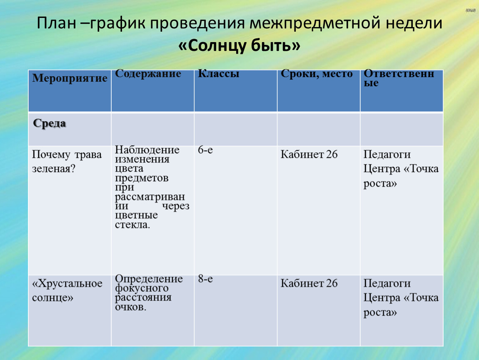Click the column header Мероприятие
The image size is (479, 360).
[70, 78]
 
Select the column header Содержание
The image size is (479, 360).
[148, 74]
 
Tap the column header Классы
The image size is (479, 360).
[218, 74]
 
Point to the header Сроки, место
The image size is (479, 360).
[317, 74]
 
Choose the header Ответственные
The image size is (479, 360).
[399, 78]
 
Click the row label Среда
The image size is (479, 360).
[49, 123]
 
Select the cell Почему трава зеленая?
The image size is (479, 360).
[67, 161]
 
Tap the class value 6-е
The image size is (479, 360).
[205, 150]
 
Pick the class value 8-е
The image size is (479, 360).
[205, 279]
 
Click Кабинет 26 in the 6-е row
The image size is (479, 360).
[309, 154]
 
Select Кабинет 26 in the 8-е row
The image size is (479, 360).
[309, 283]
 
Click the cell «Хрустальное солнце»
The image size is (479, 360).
[67, 290]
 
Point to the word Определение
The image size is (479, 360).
[149, 279]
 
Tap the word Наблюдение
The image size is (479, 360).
[147, 150]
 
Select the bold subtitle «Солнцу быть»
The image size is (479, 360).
[239, 45]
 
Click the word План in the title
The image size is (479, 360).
[57, 23]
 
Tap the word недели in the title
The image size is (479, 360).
[414, 23]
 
